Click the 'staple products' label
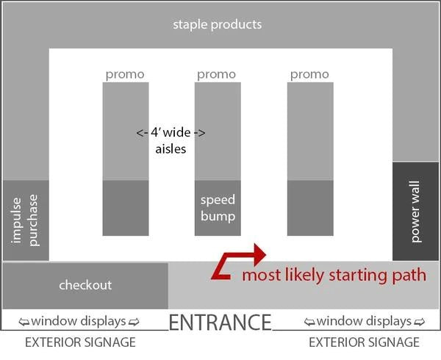click(x=217, y=24)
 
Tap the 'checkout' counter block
click(x=85, y=284)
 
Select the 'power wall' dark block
click(x=415, y=212)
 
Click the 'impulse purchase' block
click(x=26, y=220)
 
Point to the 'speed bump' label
click(x=218, y=208)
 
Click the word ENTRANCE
click(x=220, y=323)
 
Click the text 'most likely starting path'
click(x=334, y=276)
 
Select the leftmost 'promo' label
click(x=125, y=74)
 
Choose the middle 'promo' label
click(x=217, y=74)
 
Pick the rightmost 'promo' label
click(x=309, y=74)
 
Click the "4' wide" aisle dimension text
click(x=171, y=134)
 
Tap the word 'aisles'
click(x=171, y=149)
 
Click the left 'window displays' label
click(x=82, y=321)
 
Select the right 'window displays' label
click(x=365, y=321)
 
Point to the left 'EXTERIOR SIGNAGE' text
click(x=80, y=342)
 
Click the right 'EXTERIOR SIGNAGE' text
click(x=364, y=342)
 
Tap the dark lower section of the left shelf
click(x=125, y=208)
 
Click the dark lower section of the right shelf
click(x=309, y=208)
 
